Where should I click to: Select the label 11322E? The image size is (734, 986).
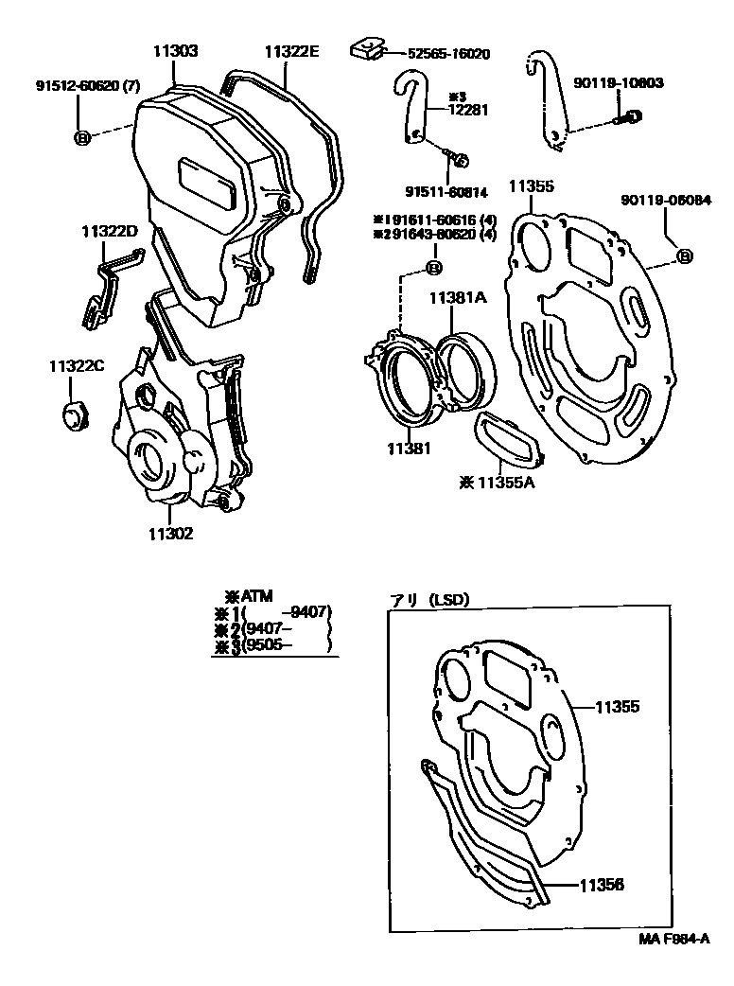click(291, 51)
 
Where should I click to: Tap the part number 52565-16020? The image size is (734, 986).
click(449, 54)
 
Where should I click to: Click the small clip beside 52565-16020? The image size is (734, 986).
click(366, 48)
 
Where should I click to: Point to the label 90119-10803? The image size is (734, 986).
click(618, 83)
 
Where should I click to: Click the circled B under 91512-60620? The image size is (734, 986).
click(82, 138)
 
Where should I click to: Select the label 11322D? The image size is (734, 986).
click(109, 231)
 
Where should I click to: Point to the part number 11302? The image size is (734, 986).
click(170, 534)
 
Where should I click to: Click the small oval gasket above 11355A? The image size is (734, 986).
click(506, 441)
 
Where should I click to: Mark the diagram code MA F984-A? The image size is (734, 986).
click(673, 940)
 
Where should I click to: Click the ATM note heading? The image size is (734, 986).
click(249, 595)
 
